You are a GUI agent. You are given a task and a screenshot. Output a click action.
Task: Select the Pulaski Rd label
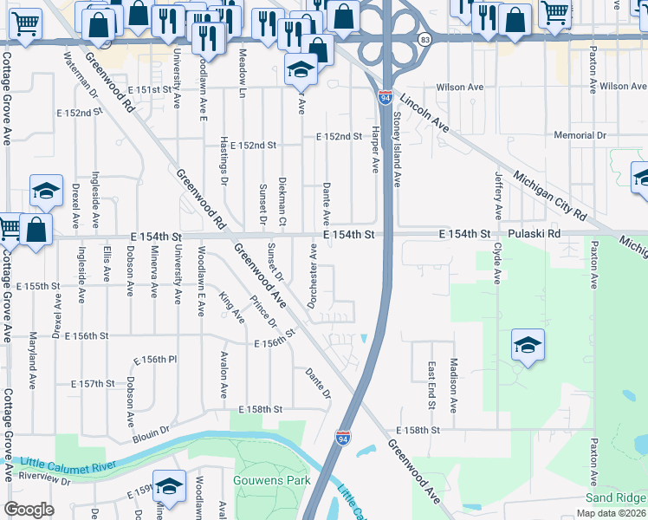535,234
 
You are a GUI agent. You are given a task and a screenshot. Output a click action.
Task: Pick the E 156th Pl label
155,360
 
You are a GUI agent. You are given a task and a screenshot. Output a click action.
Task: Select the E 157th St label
93,383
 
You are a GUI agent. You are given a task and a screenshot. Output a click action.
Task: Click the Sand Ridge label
614,497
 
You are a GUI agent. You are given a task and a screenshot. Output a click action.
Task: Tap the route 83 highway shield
424,40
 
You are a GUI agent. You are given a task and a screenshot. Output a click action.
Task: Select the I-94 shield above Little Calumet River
343,438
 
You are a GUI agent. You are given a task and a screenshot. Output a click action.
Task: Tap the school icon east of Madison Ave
528,346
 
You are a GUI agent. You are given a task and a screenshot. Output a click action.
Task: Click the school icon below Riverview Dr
170,486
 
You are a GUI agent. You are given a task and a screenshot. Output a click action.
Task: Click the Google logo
29,510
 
